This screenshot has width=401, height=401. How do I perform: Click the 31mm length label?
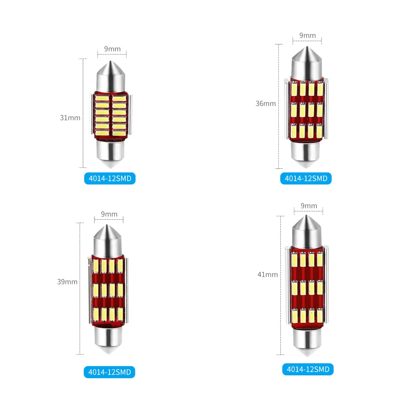[x=70, y=118]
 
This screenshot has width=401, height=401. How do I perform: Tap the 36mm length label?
[x=265, y=103]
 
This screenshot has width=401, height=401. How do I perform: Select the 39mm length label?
[x=67, y=282]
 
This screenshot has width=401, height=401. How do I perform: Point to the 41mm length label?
[x=268, y=275]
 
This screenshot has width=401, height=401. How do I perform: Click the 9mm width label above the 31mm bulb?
[x=112, y=49]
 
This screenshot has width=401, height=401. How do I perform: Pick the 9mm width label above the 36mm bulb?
[x=308, y=35]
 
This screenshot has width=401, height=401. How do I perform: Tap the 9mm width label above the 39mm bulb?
[x=109, y=214]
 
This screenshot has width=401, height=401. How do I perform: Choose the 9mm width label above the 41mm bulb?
[x=309, y=206]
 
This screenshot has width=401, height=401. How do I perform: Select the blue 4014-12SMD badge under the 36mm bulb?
[x=306, y=178]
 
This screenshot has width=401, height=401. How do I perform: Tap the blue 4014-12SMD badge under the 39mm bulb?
[x=109, y=372]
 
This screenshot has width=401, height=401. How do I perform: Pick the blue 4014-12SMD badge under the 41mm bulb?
[x=308, y=369]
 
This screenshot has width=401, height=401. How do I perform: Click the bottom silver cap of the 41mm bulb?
[x=308, y=342]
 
